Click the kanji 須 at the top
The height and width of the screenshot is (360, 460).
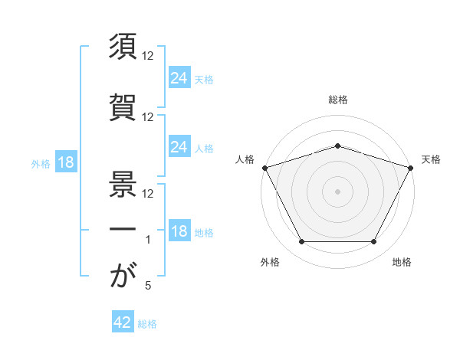(123, 46)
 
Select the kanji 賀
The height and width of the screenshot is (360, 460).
(123, 107)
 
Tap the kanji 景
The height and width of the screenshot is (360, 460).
(123, 184)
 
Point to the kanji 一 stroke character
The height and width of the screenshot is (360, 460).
(123, 229)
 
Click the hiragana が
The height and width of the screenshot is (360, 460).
(123, 274)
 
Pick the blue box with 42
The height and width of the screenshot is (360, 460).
(123, 321)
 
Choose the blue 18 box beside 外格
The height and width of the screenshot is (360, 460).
(66, 162)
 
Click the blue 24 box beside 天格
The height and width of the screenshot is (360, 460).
(179, 77)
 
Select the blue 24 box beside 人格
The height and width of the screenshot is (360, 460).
(179, 146)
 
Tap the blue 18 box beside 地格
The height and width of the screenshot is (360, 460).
(179, 230)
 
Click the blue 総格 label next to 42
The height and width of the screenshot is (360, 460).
(147, 324)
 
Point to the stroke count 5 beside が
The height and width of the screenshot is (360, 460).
(148, 285)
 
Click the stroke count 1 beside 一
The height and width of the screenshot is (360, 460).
(148, 240)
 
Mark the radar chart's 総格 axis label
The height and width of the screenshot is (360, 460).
(338, 100)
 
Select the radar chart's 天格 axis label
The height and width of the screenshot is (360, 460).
(431, 159)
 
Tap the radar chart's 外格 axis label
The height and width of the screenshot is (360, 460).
(270, 262)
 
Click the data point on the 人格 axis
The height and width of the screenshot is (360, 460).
(265, 168)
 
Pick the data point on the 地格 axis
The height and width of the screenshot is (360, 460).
(374, 241)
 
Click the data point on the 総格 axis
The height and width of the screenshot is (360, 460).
(337, 146)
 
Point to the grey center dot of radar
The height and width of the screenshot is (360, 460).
(337, 191)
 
